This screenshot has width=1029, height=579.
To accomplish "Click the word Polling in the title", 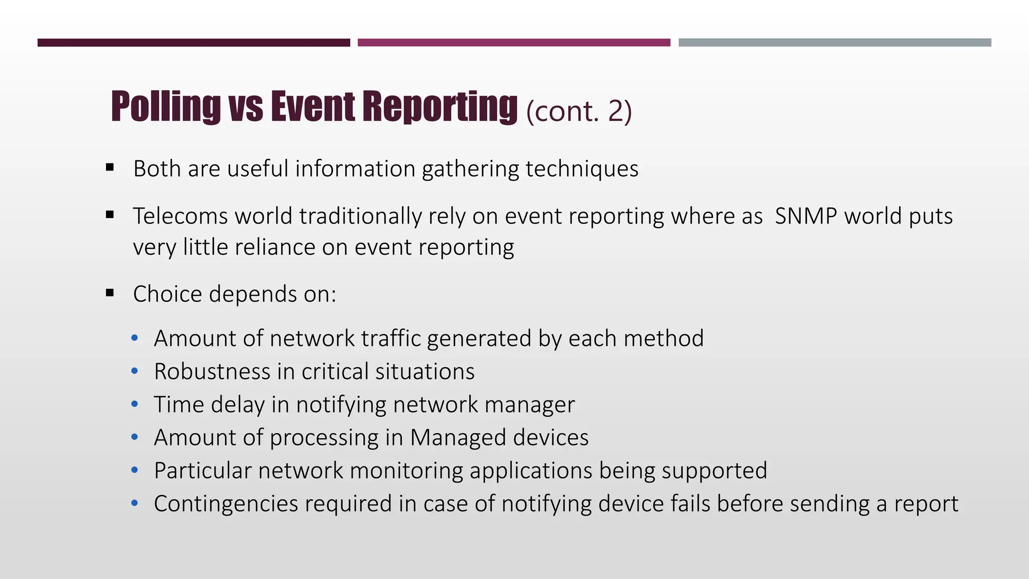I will click(x=166, y=107).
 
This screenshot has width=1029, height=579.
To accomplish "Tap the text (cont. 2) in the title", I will click(x=579, y=111).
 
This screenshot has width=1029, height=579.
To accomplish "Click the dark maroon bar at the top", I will click(x=193, y=43).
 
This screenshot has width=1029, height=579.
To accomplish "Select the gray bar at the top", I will click(x=835, y=43).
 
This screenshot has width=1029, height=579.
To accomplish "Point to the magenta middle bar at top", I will click(x=513, y=43).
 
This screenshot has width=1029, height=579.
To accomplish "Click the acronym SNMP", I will click(x=805, y=216).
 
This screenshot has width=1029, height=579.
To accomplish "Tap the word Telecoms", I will click(x=180, y=216).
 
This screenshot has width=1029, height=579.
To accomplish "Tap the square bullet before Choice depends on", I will click(x=110, y=293).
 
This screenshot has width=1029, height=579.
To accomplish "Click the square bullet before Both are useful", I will click(x=110, y=168).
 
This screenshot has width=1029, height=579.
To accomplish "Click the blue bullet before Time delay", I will click(x=134, y=405).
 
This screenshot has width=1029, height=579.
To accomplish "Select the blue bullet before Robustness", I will click(x=134, y=371).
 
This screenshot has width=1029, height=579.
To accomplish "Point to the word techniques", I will click(x=582, y=169).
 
